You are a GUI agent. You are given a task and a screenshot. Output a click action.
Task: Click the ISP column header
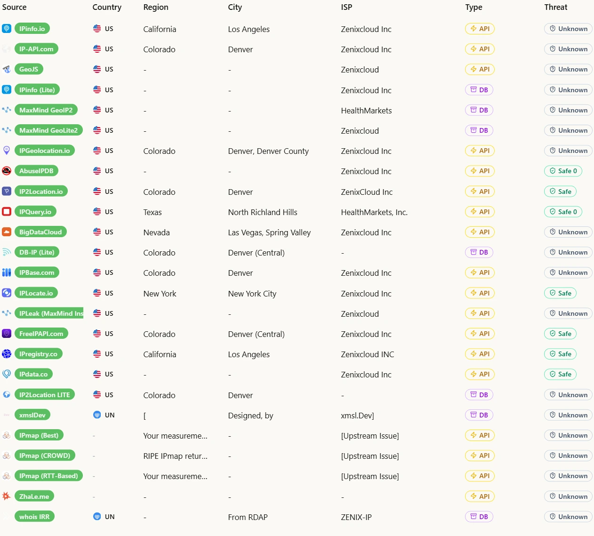pyautogui.click(x=346, y=7)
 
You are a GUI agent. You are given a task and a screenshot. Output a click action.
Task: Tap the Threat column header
pyautogui.click(x=555, y=7)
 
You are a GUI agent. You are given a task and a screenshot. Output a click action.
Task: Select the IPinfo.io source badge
pyautogui.click(x=32, y=29)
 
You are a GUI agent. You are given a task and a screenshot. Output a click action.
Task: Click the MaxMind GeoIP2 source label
pyautogui.click(x=46, y=110)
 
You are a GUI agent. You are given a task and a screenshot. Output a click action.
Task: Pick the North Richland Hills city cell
pyautogui.click(x=262, y=212)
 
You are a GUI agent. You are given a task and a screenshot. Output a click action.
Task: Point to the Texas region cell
pyautogui.click(x=153, y=212)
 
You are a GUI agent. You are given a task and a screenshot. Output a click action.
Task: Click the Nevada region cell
pyautogui.click(x=156, y=232)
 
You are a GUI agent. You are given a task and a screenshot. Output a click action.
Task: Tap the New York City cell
pyautogui.click(x=252, y=294)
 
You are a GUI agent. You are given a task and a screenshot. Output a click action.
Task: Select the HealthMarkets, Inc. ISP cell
pyautogui.click(x=374, y=212)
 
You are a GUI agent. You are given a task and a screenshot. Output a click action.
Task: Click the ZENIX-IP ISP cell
pyautogui.click(x=356, y=517)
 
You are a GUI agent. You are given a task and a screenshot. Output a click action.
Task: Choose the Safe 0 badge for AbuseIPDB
pyautogui.click(x=563, y=171)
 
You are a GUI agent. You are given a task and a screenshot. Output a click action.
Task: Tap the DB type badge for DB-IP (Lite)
pyautogui.click(x=479, y=252)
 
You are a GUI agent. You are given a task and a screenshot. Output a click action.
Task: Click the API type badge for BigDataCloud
pyautogui.click(x=480, y=232)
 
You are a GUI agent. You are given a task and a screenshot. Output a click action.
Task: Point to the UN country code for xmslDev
pyautogui.click(x=110, y=415)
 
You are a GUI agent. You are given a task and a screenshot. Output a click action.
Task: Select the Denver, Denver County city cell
pyautogui.click(x=268, y=151)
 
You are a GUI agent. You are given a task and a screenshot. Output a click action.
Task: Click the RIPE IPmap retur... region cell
pyautogui.click(x=175, y=456)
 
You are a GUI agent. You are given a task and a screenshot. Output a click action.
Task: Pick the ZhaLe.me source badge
pyautogui.click(x=34, y=496)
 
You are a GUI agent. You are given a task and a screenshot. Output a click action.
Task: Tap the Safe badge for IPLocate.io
pyautogui.click(x=560, y=293)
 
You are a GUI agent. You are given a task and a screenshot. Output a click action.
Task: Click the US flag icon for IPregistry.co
pyautogui.click(x=97, y=354)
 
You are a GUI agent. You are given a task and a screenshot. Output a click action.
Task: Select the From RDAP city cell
pyautogui.click(x=248, y=517)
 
